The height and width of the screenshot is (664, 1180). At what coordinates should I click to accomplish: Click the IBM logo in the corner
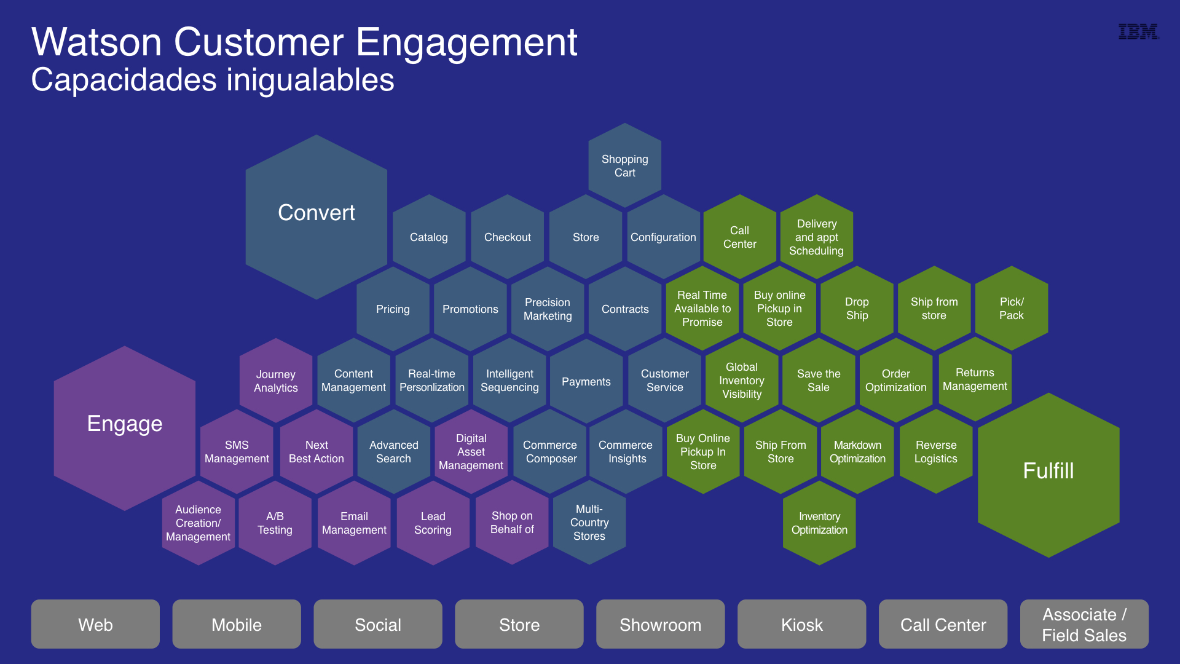[x=1138, y=31]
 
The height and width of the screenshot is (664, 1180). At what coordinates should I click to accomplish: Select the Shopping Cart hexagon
[x=624, y=165]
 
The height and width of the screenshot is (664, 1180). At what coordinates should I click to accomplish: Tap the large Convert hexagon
[x=317, y=217]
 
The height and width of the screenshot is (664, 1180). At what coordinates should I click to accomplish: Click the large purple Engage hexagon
[x=125, y=428]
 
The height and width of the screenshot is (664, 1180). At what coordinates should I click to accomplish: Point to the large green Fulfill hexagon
[x=1048, y=475]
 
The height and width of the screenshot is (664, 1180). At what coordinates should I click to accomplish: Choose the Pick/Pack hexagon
[x=1012, y=308]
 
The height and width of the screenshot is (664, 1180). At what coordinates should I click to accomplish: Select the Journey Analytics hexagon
[x=276, y=381]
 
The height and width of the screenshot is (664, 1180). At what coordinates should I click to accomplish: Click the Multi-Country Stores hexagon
[x=589, y=523]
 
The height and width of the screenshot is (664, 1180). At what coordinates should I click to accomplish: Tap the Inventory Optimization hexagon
[x=819, y=523]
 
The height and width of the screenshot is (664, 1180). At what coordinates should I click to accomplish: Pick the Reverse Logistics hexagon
[x=936, y=452]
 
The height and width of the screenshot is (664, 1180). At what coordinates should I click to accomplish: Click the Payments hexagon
[x=586, y=381]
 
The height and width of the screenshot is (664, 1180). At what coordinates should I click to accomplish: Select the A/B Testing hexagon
[x=275, y=523]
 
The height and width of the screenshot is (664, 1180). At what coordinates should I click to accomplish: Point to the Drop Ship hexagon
[x=857, y=308]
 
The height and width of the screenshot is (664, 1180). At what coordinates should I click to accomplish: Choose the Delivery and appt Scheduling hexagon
[x=816, y=237]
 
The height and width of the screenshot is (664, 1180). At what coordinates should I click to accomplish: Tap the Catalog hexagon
[x=429, y=237]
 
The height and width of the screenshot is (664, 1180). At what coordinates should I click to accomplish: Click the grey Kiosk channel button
[x=801, y=624]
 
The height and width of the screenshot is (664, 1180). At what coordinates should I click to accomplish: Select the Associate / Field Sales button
[x=1084, y=624]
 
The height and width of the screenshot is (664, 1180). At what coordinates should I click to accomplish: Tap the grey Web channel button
[x=95, y=624]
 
